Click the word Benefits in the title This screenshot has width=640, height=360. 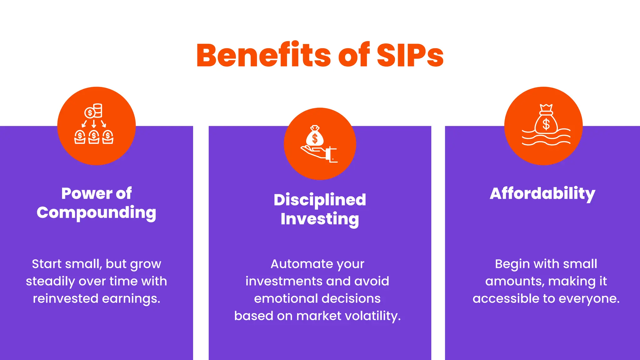point(263,56)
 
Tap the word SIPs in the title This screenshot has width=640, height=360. point(410,56)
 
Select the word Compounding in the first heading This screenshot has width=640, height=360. point(96,213)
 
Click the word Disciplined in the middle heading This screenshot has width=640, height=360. point(320,200)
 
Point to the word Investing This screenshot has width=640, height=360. point(320,219)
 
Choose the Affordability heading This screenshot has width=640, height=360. point(542,193)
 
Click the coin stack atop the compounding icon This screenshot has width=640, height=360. point(98,111)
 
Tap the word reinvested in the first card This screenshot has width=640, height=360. point(65,299)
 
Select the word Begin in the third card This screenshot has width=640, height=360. point(512,264)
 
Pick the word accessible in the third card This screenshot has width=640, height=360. point(506,299)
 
